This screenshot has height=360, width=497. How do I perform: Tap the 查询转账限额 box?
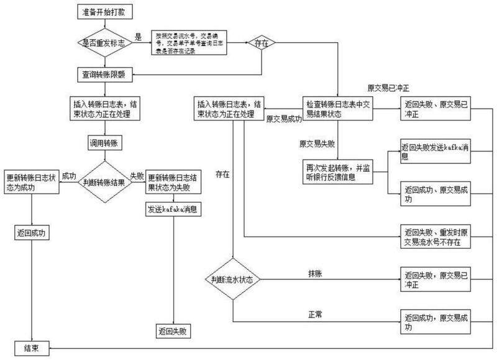[x=104, y=73]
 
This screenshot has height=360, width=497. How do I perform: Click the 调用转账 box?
[x=104, y=143]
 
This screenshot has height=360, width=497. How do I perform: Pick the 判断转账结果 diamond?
[x=104, y=182]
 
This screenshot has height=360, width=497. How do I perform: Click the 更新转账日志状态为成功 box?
[x=32, y=182]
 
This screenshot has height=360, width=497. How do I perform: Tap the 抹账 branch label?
[x=315, y=274]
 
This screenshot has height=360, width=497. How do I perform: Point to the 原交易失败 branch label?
[x=317, y=143]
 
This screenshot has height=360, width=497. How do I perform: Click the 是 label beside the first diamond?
[x=139, y=36]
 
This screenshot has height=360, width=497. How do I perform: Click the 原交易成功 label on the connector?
[x=284, y=119]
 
